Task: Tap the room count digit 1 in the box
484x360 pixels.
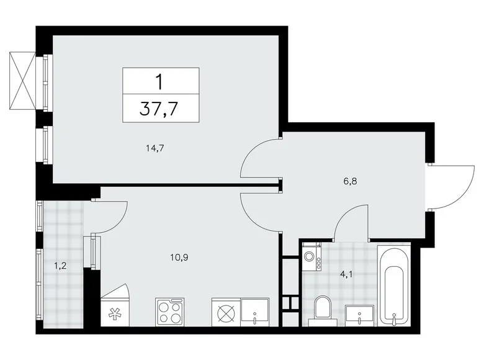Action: (161, 80)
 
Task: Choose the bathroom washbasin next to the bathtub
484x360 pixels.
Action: (361, 314)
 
